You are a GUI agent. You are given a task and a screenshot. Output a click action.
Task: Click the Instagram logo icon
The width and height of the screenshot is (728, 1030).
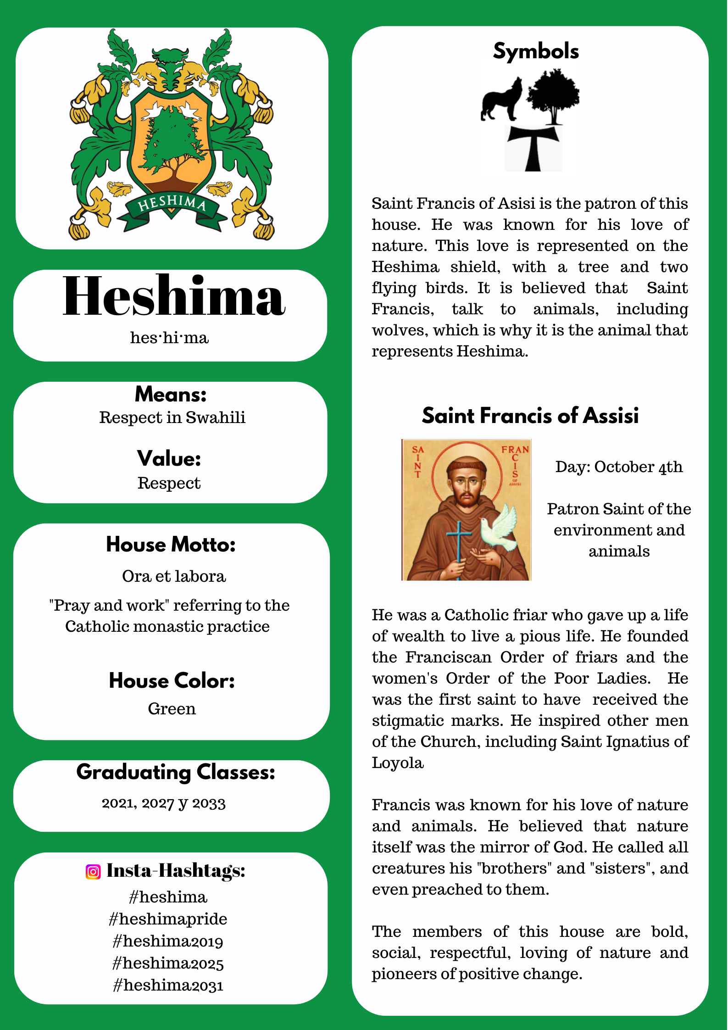click(93, 871)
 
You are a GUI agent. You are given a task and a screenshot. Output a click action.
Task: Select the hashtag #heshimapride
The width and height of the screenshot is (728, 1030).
click(168, 919)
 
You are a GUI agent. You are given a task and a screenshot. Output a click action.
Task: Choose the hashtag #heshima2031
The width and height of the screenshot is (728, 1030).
click(168, 985)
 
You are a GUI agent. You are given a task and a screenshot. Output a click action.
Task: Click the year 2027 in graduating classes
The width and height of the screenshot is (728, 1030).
click(158, 803)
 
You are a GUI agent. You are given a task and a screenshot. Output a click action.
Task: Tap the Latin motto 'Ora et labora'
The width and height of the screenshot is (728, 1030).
click(174, 576)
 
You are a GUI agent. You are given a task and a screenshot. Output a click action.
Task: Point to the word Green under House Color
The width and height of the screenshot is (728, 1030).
click(172, 709)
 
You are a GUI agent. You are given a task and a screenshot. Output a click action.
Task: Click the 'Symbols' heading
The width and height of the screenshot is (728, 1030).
click(536, 51)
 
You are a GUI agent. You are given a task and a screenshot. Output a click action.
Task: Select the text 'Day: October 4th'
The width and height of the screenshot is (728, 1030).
click(619, 467)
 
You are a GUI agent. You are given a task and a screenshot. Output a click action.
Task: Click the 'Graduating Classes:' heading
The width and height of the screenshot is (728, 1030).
click(176, 772)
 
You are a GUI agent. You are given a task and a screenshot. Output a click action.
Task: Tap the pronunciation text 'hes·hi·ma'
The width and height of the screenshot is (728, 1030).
click(169, 338)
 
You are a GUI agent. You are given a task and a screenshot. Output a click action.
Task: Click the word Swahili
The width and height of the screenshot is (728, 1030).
click(215, 418)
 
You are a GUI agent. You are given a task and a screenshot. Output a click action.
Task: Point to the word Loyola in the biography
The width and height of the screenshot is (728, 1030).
click(398, 763)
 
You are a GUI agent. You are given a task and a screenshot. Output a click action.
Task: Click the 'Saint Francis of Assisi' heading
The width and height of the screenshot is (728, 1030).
click(530, 416)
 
